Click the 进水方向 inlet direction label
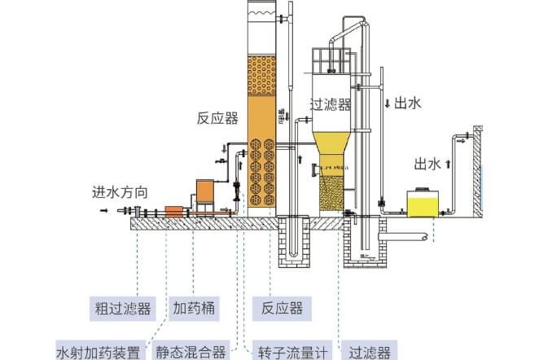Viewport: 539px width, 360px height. point(120,193)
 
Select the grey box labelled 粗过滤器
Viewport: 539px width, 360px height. point(121,309)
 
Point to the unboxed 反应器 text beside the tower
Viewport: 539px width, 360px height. point(217,118)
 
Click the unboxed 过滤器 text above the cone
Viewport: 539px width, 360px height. point(331,104)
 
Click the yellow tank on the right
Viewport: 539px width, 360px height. point(424,203)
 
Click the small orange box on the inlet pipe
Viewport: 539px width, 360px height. point(174,210)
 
